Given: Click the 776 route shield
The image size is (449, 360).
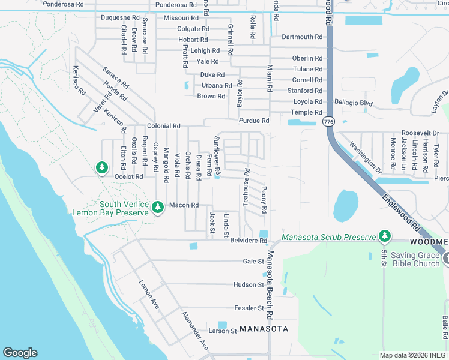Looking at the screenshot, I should (x=328, y=122).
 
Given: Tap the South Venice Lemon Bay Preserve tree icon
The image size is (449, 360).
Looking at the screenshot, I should (x=158, y=208).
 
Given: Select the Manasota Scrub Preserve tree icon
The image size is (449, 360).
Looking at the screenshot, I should (x=385, y=236).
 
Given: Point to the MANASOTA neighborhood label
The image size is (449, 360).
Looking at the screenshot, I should (x=264, y=329).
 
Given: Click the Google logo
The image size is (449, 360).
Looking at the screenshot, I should (x=20, y=353).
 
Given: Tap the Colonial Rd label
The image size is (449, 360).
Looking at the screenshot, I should (x=164, y=126).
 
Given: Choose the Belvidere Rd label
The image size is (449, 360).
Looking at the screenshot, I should (x=249, y=241).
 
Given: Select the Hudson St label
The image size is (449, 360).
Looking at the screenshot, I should (x=249, y=284).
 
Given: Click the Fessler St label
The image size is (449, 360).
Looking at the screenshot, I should (x=249, y=308).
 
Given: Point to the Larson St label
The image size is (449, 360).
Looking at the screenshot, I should (x=223, y=331).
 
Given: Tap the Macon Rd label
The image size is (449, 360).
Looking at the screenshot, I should (x=184, y=205).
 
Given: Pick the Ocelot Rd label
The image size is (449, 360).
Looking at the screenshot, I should (x=129, y=176).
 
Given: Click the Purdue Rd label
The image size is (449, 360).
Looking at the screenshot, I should (x=253, y=121).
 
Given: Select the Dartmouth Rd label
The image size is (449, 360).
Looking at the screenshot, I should (x=302, y=37).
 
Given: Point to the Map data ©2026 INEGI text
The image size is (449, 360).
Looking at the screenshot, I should (x=413, y=355).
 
